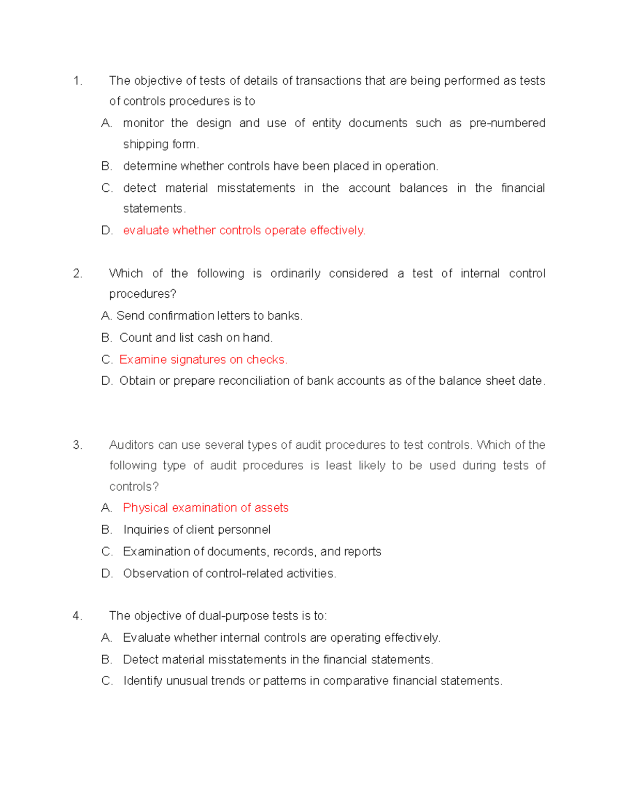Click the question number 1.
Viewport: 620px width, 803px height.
(x=78, y=81)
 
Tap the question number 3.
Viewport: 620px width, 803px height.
(x=78, y=445)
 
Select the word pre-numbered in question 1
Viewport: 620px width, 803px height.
(x=507, y=124)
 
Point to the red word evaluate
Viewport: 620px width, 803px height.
(x=146, y=231)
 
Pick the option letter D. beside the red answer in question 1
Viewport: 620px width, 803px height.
(x=107, y=231)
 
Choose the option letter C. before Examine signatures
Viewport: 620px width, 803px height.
(x=107, y=360)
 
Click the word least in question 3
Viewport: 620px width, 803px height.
(x=338, y=466)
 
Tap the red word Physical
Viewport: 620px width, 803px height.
(x=145, y=508)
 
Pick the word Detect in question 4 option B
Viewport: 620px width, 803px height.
(x=139, y=660)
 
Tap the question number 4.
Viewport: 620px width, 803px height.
(x=78, y=616)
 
